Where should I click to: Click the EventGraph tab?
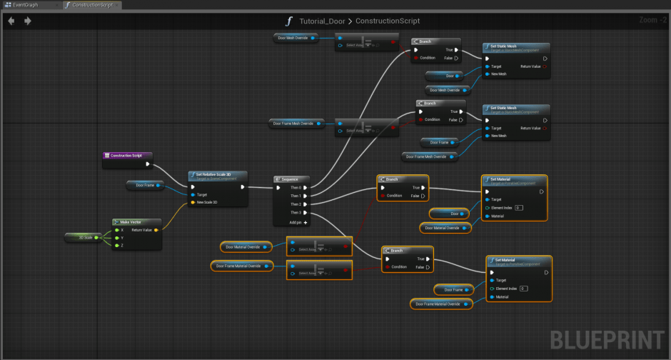coord(29,5)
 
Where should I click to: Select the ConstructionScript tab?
coord(91,5)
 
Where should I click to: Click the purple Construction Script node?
coord(128,155)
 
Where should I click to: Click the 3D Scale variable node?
coord(84,237)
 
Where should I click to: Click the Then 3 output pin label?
coord(295,212)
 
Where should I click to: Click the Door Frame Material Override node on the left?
coord(242,266)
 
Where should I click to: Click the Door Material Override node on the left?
coord(243,247)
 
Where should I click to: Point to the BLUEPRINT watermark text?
coord(607,341)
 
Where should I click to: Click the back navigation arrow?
coord(11,21)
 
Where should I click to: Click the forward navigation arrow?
coord(27,21)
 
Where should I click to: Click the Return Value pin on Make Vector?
coord(142,230)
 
